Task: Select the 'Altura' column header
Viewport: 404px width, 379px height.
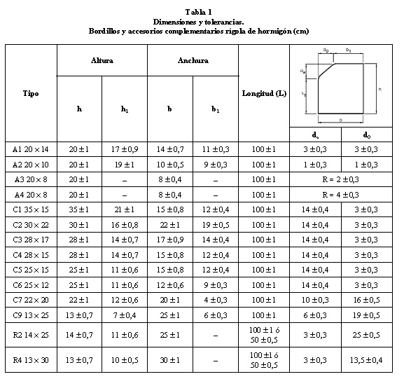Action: tap(102, 61)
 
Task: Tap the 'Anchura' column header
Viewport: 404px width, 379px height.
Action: tap(193, 61)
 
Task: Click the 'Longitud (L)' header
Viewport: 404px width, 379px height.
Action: tap(264, 93)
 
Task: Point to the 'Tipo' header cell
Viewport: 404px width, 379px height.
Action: tap(31, 93)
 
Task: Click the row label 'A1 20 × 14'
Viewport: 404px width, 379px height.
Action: tap(31, 149)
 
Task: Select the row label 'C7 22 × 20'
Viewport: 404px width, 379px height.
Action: tap(31, 300)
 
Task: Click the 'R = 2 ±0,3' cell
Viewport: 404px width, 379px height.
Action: tap(342, 179)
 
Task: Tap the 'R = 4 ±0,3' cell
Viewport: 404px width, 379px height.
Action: tap(342, 194)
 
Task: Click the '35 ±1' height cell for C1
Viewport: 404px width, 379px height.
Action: tap(78, 209)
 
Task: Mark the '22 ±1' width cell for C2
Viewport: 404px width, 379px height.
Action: tap(169, 224)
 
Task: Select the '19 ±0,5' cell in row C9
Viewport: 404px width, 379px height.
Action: tap(367, 315)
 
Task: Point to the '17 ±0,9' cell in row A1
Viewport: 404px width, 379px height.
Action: tap(125, 149)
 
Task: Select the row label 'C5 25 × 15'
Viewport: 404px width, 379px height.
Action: tap(31, 270)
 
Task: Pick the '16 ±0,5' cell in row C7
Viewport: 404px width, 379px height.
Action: tap(367, 300)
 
